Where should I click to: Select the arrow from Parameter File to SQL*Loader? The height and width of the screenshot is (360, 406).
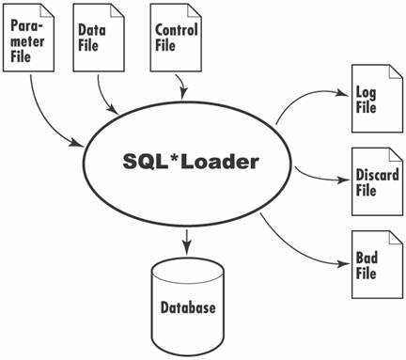tap(47, 117)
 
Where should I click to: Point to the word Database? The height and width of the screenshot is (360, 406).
tap(188, 307)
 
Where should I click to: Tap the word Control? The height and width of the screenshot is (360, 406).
tap(175, 31)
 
